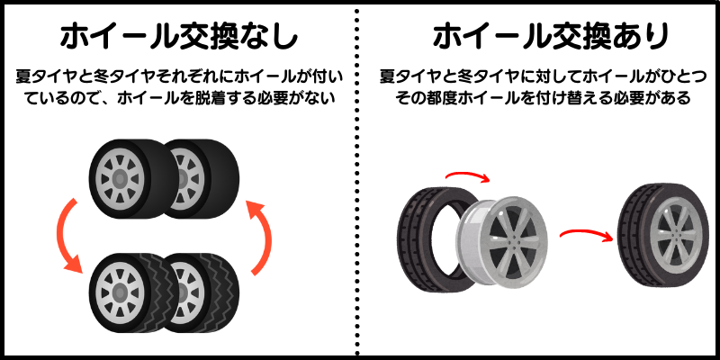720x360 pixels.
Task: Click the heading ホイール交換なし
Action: (179, 37)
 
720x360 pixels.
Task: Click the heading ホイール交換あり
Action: (550, 37)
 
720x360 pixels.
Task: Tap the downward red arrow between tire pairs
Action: (69, 235)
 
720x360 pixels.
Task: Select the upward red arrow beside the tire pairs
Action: (260, 238)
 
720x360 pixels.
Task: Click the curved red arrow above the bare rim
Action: (468, 175)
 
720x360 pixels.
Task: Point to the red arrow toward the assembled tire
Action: (587, 234)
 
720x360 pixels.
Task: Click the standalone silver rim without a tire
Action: (502, 244)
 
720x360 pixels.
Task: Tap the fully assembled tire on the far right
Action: (663, 235)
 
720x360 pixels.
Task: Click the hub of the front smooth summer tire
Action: (120, 179)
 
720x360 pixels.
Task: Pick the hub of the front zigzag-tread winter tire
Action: (120, 292)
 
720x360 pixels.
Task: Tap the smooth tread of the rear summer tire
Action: (225, 179)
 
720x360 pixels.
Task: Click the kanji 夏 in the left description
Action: (23, 76)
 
